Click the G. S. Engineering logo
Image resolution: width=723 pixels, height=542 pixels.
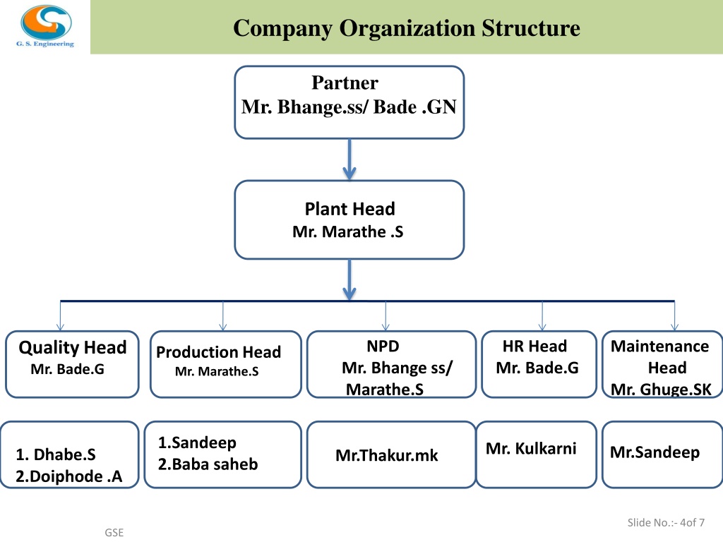coord(46,26)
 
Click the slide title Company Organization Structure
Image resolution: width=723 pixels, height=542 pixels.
coord(406,28)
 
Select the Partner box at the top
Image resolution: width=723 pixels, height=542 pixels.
coord(349,102)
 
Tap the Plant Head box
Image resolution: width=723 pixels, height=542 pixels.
coord(349,219)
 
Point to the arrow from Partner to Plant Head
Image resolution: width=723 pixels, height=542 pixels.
coord(349,159)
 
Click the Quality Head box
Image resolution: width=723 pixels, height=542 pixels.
coord(72,364)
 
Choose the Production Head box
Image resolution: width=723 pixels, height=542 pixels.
coord(225,364)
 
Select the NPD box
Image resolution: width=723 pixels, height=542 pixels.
coord(391,364)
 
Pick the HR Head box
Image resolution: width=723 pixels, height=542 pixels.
coord(539,364)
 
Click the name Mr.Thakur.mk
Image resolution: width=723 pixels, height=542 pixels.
coord(386,455)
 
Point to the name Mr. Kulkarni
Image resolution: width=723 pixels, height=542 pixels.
coord(531,448)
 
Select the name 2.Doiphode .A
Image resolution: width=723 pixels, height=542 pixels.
coord(68,476)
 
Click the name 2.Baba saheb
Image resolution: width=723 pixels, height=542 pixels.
coord(208,464)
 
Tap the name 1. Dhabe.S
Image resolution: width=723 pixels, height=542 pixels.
coord(56,454)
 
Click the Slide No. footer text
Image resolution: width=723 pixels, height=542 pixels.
coord(666,523)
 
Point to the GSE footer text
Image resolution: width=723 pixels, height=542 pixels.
coord(114,532)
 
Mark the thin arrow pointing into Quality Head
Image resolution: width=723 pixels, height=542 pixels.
coord(61,315)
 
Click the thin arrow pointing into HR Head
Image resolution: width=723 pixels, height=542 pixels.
coord(542,315)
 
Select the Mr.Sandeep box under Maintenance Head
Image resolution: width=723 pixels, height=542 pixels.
coord(662,454)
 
